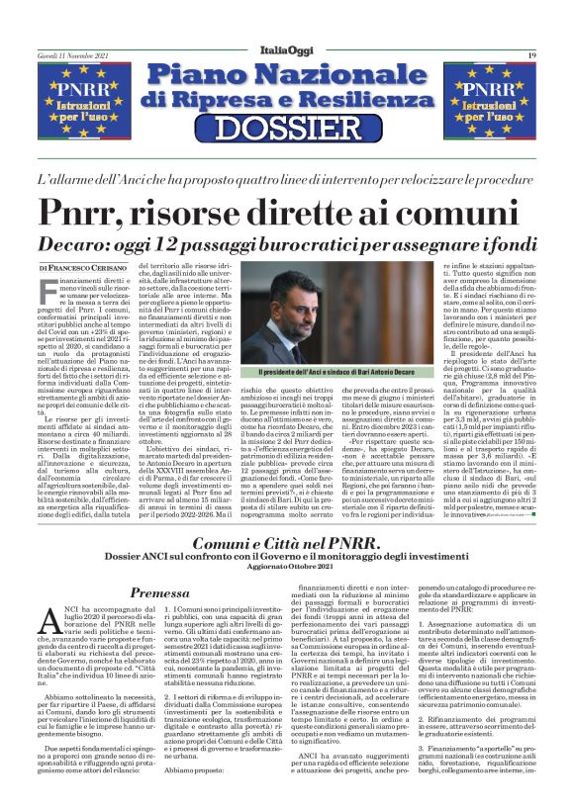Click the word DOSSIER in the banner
coord(286,128)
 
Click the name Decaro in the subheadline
coord(98,244)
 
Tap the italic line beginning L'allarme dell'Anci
coord(286,180)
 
